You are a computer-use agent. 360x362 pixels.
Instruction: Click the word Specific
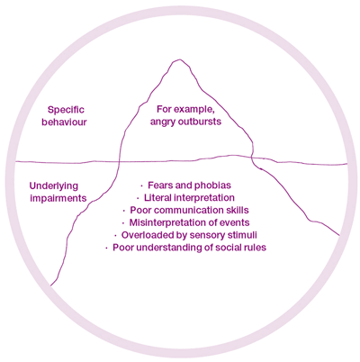tap(66, 110)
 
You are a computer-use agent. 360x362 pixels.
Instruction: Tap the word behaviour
tap(64, 122)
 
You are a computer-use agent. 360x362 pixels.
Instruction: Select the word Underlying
tap(54, 186)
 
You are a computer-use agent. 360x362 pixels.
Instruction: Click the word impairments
tap(58, 198)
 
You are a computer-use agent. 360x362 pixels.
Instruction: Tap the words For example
tap(186, 110)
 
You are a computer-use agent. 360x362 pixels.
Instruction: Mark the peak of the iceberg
tap(179, 59)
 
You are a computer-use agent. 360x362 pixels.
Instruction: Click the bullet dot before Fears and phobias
tap(142, 186)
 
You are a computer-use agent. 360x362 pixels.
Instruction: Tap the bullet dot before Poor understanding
tap(106, 249)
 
